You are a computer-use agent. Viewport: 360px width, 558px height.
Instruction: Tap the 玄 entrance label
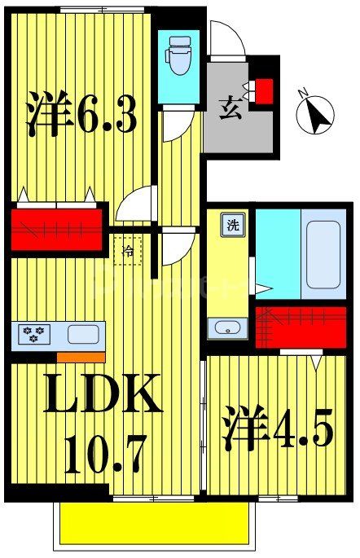(230, 107)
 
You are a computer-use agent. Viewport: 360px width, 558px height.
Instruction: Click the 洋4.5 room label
(277, 432)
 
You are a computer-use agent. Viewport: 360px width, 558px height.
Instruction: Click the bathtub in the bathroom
(323, 253)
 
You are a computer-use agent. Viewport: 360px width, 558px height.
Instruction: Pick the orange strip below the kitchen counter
(81, 357)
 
